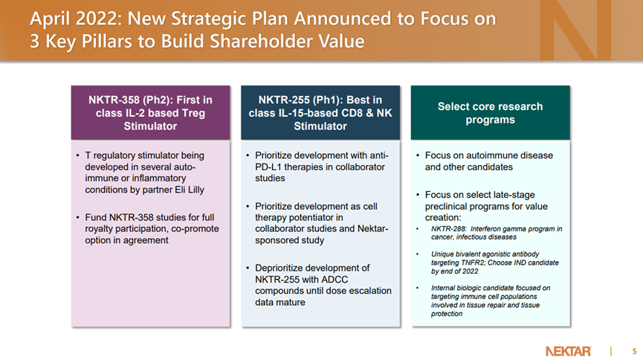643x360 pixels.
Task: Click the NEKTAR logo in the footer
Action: click(x=568, y=351)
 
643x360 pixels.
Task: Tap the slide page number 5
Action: click(x=634, y=351)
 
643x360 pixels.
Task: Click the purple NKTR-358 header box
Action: click(x=150, y=113)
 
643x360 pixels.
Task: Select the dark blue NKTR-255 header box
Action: click(x=320, y=113)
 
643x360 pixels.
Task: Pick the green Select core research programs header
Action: click(x=491, y=113)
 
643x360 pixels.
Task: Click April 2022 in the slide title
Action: click(x=76, y=19)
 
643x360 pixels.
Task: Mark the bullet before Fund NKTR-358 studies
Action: click(x=77, y=217)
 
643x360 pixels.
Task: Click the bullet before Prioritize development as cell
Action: click(x=248, y=207)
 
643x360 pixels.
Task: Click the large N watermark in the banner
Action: click(x=575, y=30)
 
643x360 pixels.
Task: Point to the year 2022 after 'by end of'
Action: click(x=470, y=271)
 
